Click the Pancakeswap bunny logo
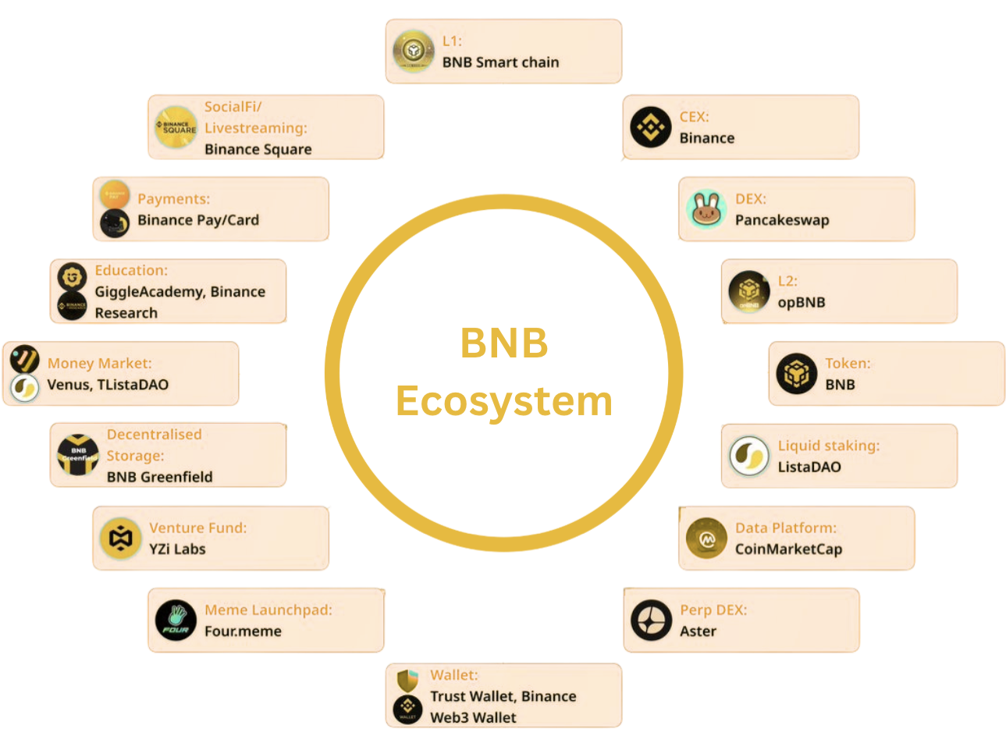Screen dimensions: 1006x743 pyautogui.click(x=706, y=209)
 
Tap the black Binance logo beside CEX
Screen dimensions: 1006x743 pyautogui.click(x=650, y=127)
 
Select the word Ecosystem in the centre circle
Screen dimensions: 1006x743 pyautogui.click(x=504, y=401)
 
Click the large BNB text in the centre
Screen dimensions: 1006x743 pyautogui.click(x=504, y=343)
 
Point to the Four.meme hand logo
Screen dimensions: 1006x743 pyautogui.click(x=176, y=620)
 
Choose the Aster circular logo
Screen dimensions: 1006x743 pyautogui.click(x=651, y=620)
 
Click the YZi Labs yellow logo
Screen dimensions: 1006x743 pyautogui.click(x=120, y=538)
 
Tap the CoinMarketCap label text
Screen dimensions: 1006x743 pyautogui.click(x=788, y=549)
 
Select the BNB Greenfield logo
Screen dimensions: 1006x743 pyautogui.click(x=78, y=455)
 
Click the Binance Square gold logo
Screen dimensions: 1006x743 pyautogui.click(x=176, y=127)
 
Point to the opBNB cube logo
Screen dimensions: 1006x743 pyautogui.click(x=748, y=291)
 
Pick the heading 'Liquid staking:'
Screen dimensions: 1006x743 pyautogui.click(x=829, y=446)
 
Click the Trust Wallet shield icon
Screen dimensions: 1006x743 pyautogui.click(x=407, y=681)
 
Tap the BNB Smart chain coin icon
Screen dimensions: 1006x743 pyautogui.click(x=413, y=51)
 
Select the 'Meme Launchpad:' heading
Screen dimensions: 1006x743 pyautogui.click(x=268, y=610)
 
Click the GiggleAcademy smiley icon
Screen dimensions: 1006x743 pyautogui.click(x=72, y=277)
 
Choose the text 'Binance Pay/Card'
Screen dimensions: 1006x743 pyautogui.click(x=198, y=220)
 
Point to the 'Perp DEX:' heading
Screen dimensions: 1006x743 pyautogui.click(x=713, y=610)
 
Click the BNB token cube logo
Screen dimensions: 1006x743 pyautogui.click(x=797, y=373)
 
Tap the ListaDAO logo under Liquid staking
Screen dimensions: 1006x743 pyautogui.click(x=748, y=456)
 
